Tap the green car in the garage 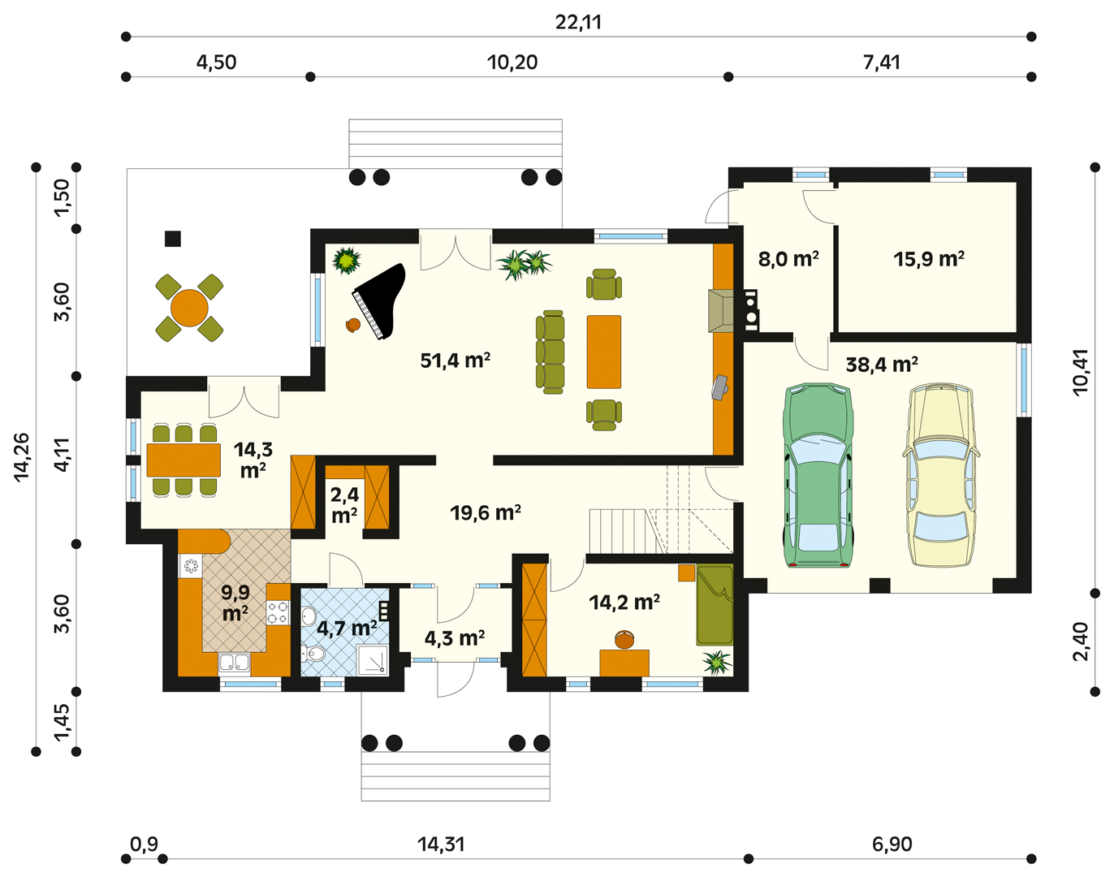tap(818, 475)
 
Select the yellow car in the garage tap(940, 475)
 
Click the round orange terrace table tap(189, 308)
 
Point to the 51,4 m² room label tap(455, 361)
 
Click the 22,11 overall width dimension tap(578, 22)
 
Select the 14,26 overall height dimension tap(22, 458)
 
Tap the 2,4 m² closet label tap(344, 505)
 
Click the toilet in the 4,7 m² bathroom tap(313, 654)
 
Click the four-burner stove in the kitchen tap(278, 612)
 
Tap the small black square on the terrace tap(173, 239)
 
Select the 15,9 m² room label tap(929, 259)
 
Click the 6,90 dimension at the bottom tap(892, 845)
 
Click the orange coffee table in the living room tap(604, 352)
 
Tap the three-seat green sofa tap(550, 352)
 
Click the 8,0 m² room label tap(788, 259)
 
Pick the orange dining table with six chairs tap(184, 460)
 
